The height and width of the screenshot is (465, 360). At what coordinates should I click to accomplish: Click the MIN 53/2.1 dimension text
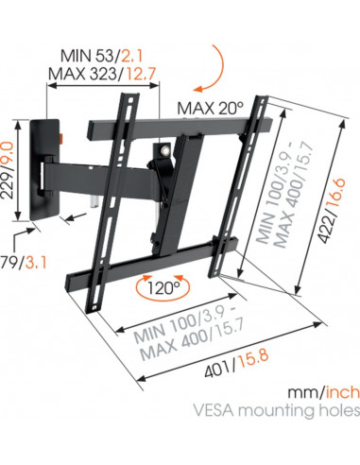101,56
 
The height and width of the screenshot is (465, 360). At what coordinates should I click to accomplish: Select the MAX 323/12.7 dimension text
102,75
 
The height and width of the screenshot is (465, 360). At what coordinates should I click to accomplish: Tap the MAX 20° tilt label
211,109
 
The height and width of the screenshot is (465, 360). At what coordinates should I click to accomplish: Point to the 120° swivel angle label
163,287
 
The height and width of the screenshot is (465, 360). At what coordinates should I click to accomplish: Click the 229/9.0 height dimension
8,170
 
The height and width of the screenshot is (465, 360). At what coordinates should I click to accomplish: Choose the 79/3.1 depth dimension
23,263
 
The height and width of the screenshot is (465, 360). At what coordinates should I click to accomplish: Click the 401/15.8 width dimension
236,363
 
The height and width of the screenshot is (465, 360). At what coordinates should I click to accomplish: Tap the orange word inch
342,392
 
